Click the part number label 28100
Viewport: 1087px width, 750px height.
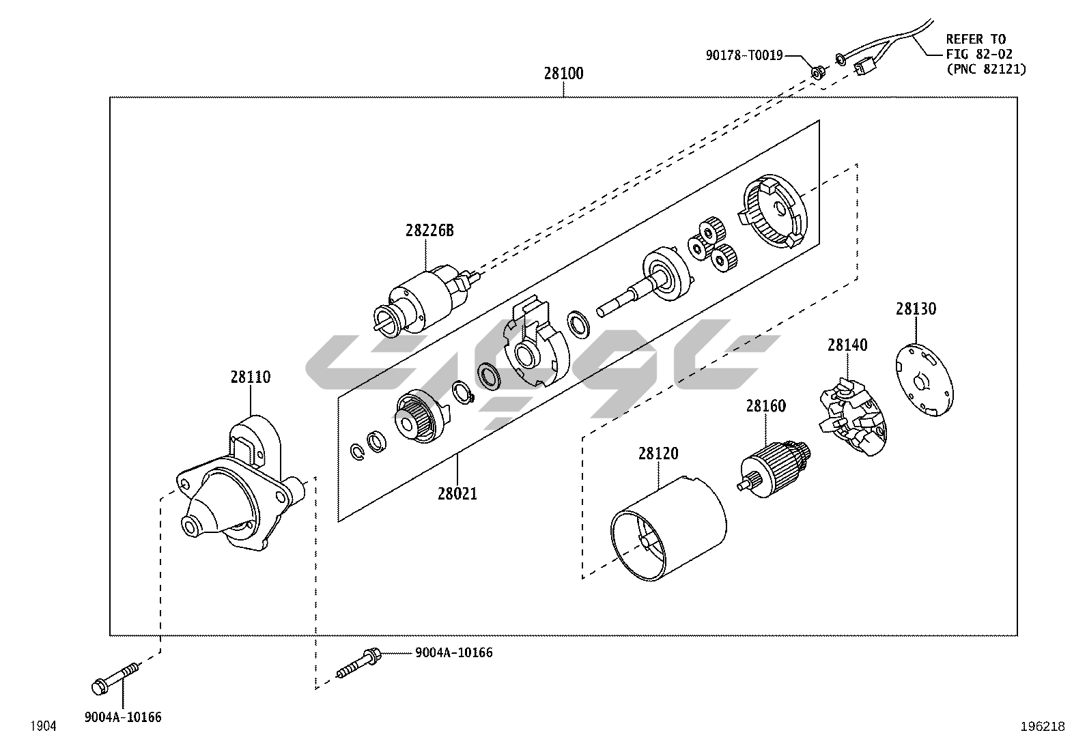tap(563, 74)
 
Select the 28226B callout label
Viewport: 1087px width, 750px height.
tap(429, 230)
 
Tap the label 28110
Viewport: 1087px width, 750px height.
tap(250, 377)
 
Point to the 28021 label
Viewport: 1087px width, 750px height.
tap(457, 493)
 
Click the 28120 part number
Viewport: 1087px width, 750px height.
tap(658, 453)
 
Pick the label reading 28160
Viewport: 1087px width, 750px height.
tap(765, 406)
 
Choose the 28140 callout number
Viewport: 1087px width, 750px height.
tap(847, 345)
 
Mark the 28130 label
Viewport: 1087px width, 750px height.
tap(916, 309)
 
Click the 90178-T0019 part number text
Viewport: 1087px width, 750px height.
tap(744, 55)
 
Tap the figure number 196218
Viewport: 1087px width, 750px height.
tap(1042, 727)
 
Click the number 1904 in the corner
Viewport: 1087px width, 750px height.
tap(42, 727)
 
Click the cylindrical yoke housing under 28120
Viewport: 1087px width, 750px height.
tap(669, 528)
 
